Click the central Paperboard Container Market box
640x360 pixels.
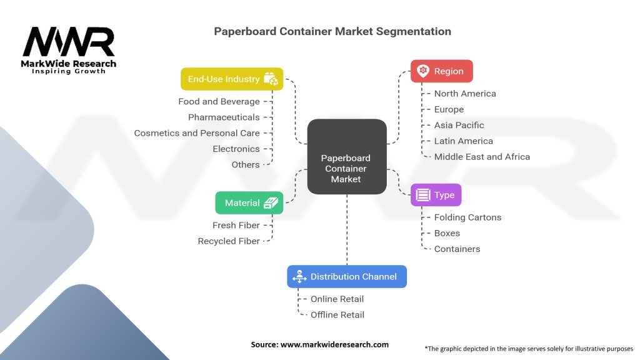coord(346,156)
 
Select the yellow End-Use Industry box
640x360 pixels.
coord(232,79)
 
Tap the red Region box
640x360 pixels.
coord(441,71)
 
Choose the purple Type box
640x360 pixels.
coord(436,195)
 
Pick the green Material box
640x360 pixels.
coord(249,202)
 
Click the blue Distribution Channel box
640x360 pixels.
coord(346,276)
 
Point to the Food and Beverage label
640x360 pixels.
coord(219,101)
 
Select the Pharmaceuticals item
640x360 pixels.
coord(224,117)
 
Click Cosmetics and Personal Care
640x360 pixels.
coord(197,133)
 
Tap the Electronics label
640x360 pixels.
coord(236,149)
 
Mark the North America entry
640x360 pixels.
coord(465,94)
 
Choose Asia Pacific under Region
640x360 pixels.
coord(459,125)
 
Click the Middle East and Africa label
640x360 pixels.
coord(482,157)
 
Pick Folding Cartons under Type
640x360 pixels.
coord(467,217)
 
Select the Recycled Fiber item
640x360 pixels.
coord(229,241)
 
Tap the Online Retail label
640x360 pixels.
coord(337,299)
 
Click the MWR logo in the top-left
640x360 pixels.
coord(69,47)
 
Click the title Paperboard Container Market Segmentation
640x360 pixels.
coord(332,31)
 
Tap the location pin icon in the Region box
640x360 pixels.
coord(423,71)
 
